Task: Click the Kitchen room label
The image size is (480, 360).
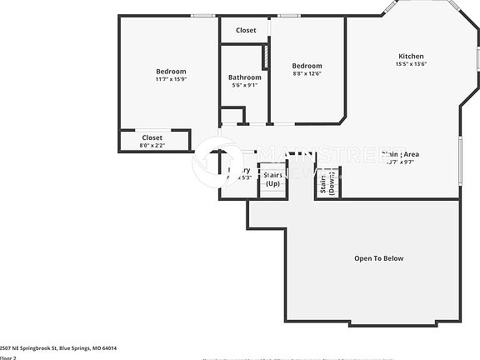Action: pyautogui.click(x=411, y=56)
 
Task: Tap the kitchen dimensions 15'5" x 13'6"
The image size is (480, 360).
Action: pyautogui.click(x=411, y=64)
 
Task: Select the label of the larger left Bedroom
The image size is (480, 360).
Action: pyautogui.click(x=171, y=71)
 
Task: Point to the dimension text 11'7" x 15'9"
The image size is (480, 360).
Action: pyautogui.click(x=171, y=80)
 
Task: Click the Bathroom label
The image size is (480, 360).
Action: pyautogui.click(x=244, y=77)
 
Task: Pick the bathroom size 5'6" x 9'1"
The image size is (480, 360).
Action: pyautogui.click(x=244, y=85)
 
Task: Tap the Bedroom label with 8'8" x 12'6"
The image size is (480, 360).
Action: pyautogui.click(x=306, y=65)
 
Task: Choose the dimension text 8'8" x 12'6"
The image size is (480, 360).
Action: pyautogui.click(x=306, y=73)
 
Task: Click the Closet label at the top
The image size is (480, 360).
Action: pyautogui.click(x=246, y=30)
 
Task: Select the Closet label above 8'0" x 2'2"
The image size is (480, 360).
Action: pyautogui.click(x=152, y=137)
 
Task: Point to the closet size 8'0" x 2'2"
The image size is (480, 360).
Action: pyautogui.click(x=152, y=146)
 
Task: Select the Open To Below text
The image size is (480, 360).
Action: pyautogui.click(x=378, y=258)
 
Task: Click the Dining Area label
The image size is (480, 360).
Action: pyautogui.click(x=400, y=154)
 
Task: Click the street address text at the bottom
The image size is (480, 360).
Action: pyautogui.click(x=58, y=347)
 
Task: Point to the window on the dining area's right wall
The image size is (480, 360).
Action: pyautogui.click(x=459, y=157)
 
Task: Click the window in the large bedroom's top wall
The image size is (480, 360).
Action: pyautogui.click(x=202, y=16)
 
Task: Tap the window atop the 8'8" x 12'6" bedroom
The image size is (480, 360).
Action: pyautogui.click(x=289, y=16)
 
